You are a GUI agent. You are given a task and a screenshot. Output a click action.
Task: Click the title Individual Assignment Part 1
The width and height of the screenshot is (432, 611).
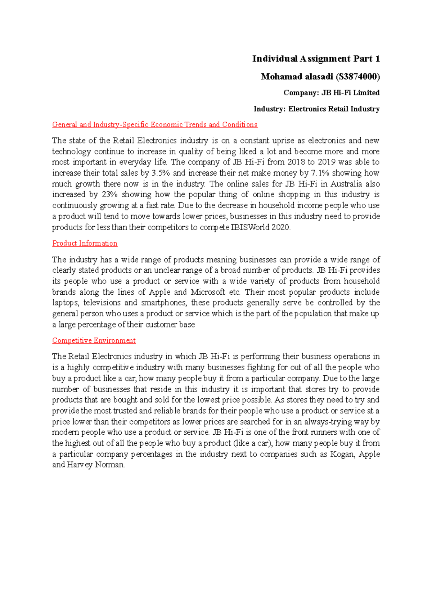pyautogui.click(x=316, y=59)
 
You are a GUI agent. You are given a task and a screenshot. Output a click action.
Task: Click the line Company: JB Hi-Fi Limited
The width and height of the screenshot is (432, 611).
pyautogui.click(x=331, y=93)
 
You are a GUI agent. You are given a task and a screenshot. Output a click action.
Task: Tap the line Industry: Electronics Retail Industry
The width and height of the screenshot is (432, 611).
pyautogui.click(x=316, y=109)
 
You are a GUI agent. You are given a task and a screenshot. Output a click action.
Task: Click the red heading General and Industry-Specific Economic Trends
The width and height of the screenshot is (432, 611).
pyautogui.click(x=154, y=125)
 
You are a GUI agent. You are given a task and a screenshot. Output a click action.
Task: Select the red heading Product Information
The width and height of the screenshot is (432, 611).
pyautogui.click(x=85, y=243)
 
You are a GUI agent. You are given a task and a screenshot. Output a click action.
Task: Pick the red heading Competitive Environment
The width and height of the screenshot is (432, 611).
pyautogui.click(x=94, y=340)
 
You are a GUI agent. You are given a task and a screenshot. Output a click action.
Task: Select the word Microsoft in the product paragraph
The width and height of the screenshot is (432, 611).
pyautogui.click(x=208, y=292)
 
